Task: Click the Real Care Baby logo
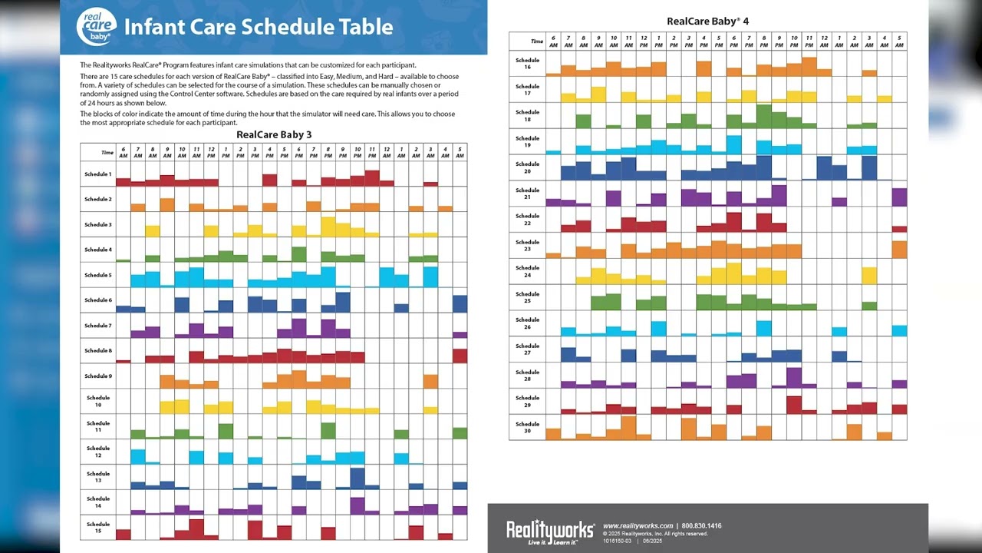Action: coord(96,26)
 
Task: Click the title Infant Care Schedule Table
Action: coord(259,28)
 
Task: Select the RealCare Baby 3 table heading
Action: coord(274,134)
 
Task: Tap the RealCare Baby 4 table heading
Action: coord(707,22)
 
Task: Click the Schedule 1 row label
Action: coord(97,174)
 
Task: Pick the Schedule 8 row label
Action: coord(97,350)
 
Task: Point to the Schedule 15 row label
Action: coord(98,528)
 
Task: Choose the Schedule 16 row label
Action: coord(527,64)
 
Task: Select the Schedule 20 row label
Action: coord(527,167)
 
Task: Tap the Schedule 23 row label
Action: coord(527,246)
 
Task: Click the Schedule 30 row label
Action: coord(527,427)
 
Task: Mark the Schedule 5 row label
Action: coord(97,275)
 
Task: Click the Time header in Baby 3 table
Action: coord(107,152)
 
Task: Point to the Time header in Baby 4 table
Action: coord(537,41)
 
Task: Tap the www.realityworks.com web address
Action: coord(638,526)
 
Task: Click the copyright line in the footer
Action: coord(655,534)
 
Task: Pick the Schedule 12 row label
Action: coord(98,452)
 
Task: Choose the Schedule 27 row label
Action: coord(527,349)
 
